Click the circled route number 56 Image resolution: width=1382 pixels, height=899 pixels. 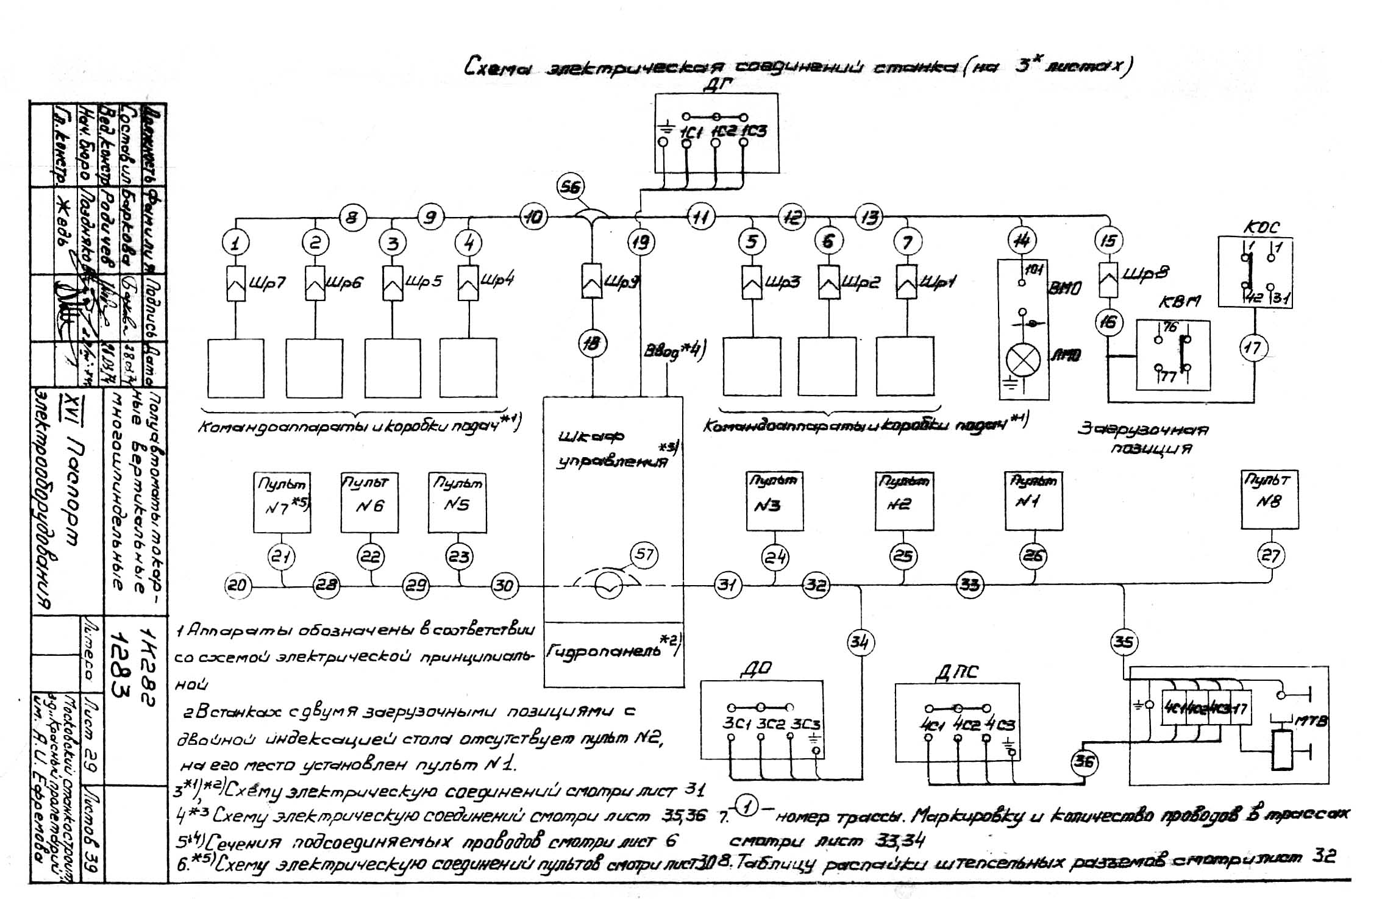(x=571, y=187)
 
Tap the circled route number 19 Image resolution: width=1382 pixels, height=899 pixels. (x=640, y=242)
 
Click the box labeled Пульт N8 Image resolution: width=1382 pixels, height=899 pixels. (x=1269, y=499)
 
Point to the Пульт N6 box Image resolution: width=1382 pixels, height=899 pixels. (x=369, y=503)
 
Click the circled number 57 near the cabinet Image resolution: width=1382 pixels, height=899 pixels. (x=644, y=554)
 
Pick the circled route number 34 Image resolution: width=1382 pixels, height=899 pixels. (x=860, y=642)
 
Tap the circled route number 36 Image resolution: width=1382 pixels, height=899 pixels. (x=1084, y=762)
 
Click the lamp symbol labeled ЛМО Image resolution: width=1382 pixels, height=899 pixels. (x=1023, y=360)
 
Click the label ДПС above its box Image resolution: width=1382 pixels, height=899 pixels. (x=956, y=672)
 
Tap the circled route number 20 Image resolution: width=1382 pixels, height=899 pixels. (x=237, y=586)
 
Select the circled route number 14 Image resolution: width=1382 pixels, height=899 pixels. (x=1022, y=240)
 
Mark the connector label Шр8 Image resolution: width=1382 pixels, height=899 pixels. (x=1145, y=273)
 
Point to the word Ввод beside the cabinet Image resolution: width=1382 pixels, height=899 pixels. (x=661, y=353)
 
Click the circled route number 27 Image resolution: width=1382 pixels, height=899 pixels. (x=1270, y=555)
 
